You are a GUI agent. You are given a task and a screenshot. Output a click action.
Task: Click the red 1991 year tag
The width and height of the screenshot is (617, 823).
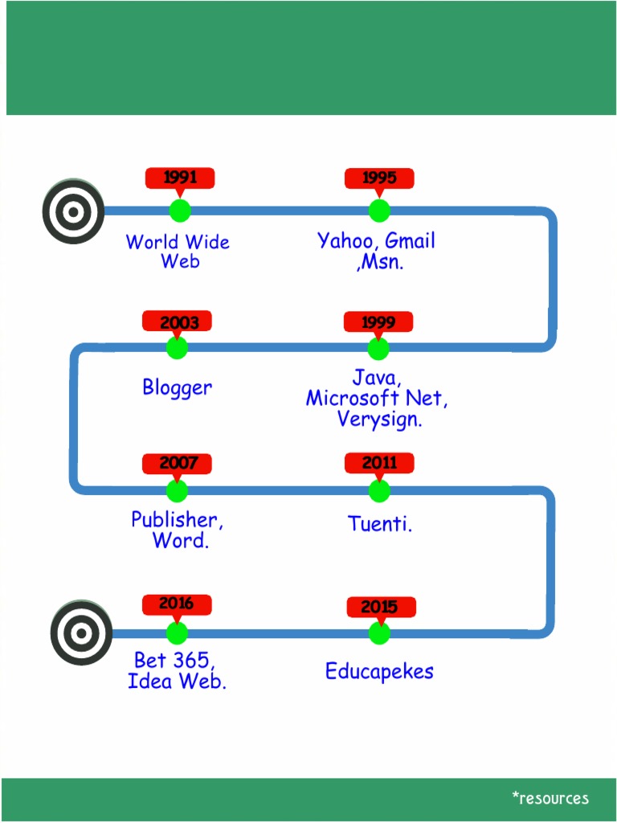click(179, 178)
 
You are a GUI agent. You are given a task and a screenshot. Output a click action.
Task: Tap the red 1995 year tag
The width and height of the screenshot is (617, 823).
click(379, 178)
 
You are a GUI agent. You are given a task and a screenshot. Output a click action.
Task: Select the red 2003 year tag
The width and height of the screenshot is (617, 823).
click(177, 321)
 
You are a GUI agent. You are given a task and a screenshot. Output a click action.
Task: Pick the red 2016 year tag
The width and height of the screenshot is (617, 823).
click(177, 604)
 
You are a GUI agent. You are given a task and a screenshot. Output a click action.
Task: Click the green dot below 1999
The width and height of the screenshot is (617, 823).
click(378, 348)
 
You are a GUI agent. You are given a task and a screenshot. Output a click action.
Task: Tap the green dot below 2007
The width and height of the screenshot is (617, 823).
click(177, 490)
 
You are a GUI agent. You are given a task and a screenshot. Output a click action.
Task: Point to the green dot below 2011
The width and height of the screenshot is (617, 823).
click(379, 490)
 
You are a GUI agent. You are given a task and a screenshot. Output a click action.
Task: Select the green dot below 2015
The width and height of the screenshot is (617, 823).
click(379, 633)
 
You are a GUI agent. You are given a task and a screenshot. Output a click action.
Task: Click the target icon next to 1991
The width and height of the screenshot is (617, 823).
click(73, 212)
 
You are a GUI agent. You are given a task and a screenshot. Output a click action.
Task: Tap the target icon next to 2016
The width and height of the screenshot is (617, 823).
click(81, 633)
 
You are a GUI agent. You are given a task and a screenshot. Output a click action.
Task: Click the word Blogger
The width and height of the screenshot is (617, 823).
click(178, 387)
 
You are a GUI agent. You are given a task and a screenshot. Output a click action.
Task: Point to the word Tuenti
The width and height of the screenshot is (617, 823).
click(379, 524)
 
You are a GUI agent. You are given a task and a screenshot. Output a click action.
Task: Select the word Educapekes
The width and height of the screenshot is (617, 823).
click(379, 671)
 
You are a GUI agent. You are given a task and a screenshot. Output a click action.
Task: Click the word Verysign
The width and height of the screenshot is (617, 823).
click(378, 419)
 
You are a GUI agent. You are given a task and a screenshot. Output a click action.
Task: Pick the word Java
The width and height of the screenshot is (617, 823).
click(375, 377)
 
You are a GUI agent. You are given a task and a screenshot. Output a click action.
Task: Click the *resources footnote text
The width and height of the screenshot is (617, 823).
click(550, 798)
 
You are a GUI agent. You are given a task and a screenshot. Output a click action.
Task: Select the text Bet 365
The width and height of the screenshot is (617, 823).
click(174, 661)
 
